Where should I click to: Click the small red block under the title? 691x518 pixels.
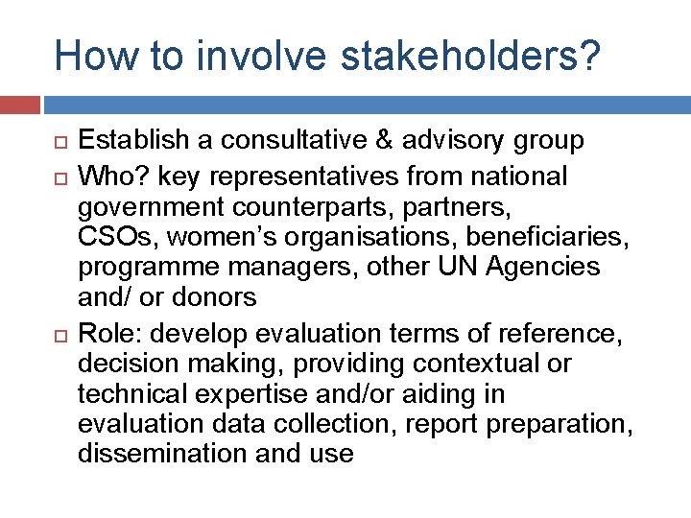pyautogui.click(x=20, y=103)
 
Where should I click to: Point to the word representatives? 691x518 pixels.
pyautogui.click(x=313, y=177)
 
